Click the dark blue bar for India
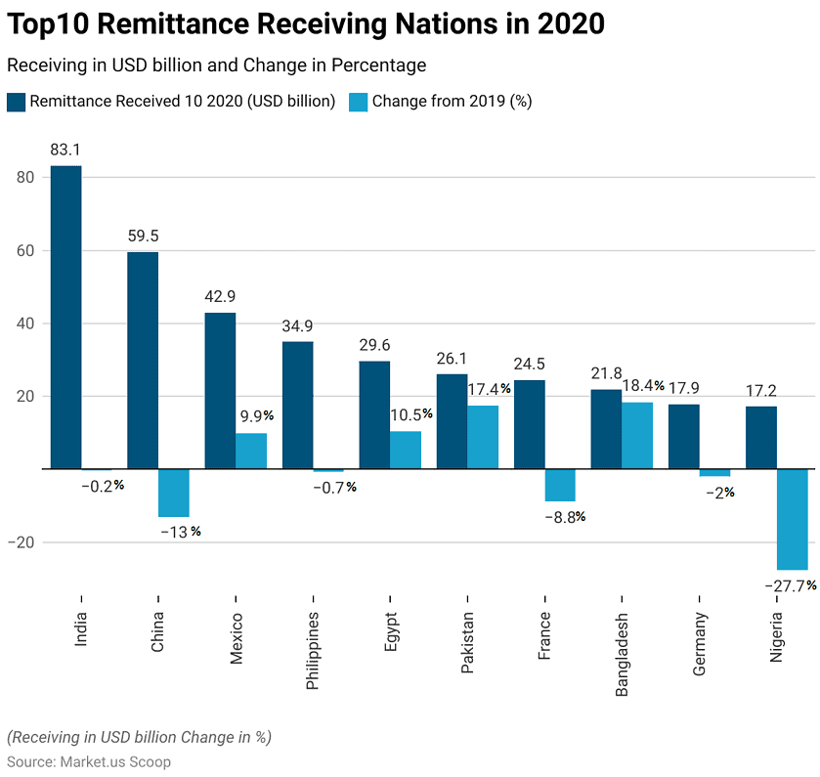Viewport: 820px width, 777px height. point(65,318)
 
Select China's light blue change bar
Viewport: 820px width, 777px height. point(173,493)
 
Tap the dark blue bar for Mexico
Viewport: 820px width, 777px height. point(220,391)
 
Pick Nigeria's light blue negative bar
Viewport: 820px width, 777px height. point(793,519)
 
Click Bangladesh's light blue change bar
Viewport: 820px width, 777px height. point(637,436)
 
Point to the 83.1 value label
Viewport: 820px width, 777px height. point(65,151)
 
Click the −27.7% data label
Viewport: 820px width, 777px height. point(791,585)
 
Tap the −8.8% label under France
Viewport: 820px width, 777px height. point(565,516)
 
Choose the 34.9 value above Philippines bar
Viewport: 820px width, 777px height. point(298,325)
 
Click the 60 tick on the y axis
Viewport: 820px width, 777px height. point(24,251)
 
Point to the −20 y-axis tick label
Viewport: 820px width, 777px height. point(22,542)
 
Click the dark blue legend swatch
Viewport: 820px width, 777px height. point(16,101)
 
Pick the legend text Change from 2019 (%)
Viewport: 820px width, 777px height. point(452,101)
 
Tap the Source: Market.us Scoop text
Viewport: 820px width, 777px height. point(89,761)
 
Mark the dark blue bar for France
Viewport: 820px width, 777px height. point(529,424)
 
